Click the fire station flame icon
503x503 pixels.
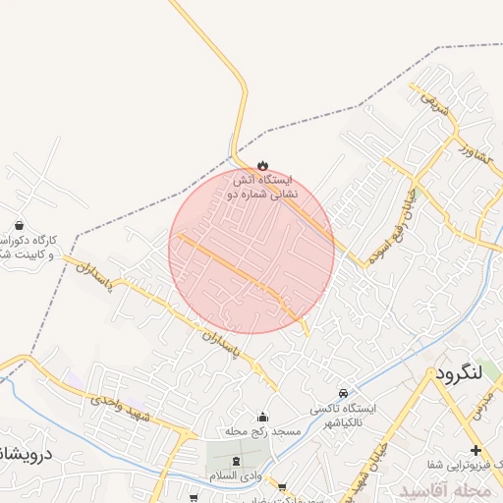[x=261, y=165]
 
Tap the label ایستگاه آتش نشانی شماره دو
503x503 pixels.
[x=262, y=188]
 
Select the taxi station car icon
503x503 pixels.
[x=342, y=391]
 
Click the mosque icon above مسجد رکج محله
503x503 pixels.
[x=261, y=417]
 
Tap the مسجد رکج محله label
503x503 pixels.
[x=248, y=432]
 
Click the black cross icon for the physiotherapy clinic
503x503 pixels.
[x=476, y=451]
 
